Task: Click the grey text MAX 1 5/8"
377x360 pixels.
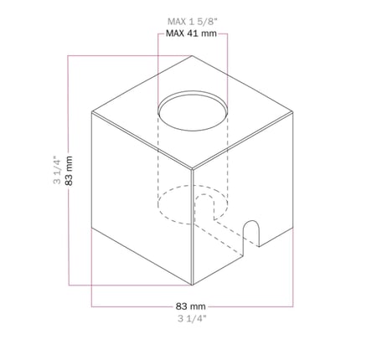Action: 192,22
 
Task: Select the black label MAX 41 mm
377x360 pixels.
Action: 191,33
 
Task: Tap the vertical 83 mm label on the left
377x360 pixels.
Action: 69,171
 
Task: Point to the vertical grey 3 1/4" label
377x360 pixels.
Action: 57,170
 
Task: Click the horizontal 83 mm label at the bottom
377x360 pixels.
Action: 191,306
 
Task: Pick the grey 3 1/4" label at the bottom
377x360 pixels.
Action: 192,318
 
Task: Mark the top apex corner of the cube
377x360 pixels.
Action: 192,55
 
